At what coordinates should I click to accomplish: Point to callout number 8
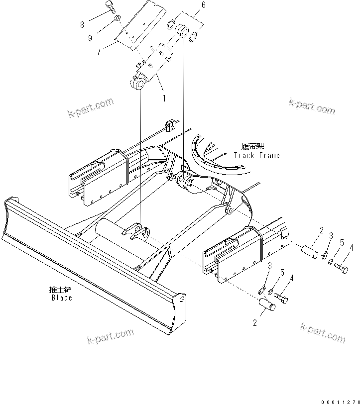[82, 23]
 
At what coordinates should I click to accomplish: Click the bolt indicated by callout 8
[110, 6]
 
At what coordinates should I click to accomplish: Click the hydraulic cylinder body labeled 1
[157, 62]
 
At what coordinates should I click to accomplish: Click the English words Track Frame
[256, 155]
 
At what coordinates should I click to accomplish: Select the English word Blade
[62, 298]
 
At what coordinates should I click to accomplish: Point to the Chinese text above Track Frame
[252, 146]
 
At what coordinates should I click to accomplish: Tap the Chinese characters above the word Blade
[61, 290]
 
